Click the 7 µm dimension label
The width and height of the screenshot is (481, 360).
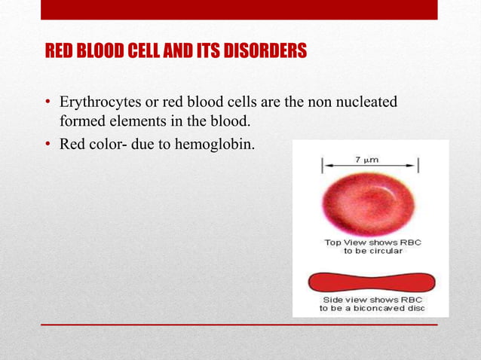click(x=367, y=160)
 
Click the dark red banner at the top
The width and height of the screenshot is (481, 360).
click(x=239, y=9)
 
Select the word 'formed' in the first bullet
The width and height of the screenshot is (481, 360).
click(x=83, y=121)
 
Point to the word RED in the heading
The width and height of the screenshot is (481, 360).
click(x=60, y=51)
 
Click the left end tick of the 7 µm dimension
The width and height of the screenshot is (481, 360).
click(x=324, y=165)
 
